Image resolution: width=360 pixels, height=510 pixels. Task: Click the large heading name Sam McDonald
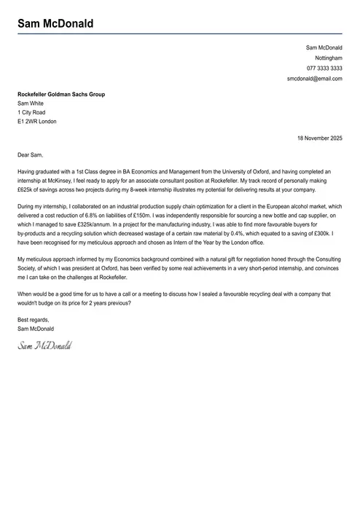point(55,24)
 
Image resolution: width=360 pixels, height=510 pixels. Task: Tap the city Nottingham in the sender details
point(328,58)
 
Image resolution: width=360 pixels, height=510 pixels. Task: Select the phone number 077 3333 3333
point(324,68)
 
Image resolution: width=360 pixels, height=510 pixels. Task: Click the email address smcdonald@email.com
point(314,78)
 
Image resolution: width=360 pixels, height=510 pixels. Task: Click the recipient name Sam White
point(31,103)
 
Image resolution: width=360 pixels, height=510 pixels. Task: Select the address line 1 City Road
point(31,113)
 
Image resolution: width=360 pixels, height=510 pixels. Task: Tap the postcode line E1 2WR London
point(37,122)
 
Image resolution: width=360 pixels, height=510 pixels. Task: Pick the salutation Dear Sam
point(31,154)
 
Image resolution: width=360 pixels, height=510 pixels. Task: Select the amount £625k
point(26,189)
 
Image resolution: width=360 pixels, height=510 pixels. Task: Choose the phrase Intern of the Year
point(199,243)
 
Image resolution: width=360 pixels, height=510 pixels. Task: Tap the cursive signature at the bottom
point(44,343)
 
